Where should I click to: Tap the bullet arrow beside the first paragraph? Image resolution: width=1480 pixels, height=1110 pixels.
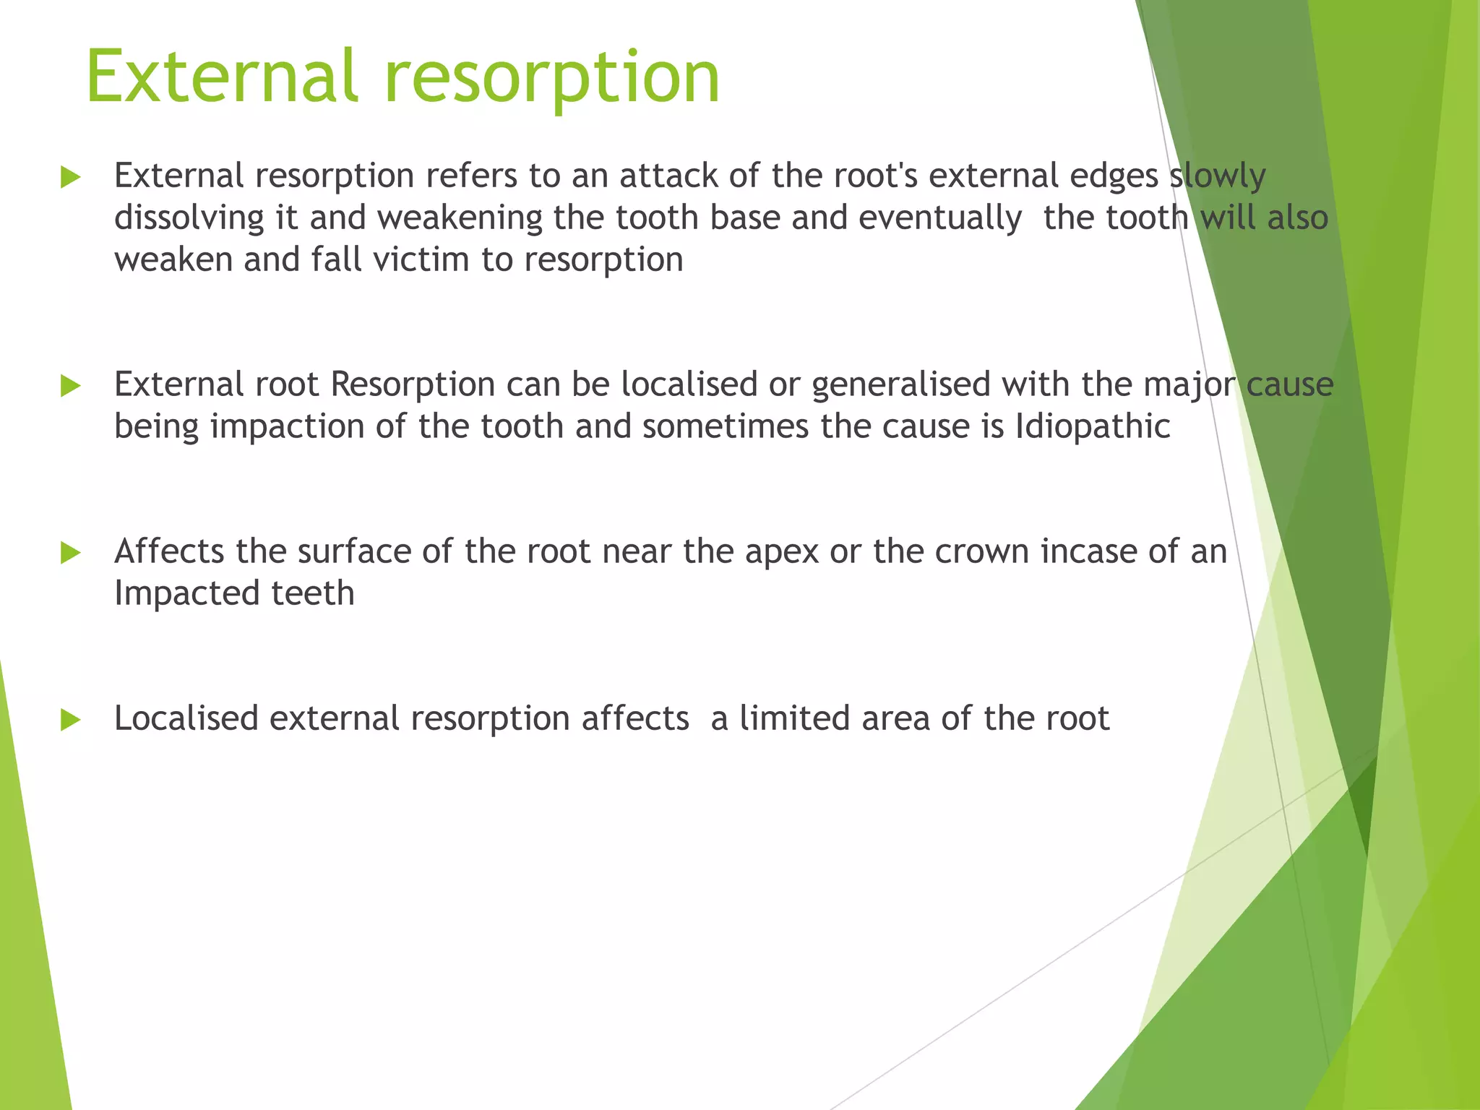70,177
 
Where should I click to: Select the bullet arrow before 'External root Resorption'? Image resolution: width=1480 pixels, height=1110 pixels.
70,386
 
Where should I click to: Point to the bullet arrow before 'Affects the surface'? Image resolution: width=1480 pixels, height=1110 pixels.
70,554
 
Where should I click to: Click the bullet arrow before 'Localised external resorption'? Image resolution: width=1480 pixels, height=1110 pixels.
70,720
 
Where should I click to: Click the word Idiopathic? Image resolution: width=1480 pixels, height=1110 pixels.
1092,426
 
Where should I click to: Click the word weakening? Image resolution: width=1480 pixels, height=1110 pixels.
459,218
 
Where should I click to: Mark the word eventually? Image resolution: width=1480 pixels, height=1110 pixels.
940,218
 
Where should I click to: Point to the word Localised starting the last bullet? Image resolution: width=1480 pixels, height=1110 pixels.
186,718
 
